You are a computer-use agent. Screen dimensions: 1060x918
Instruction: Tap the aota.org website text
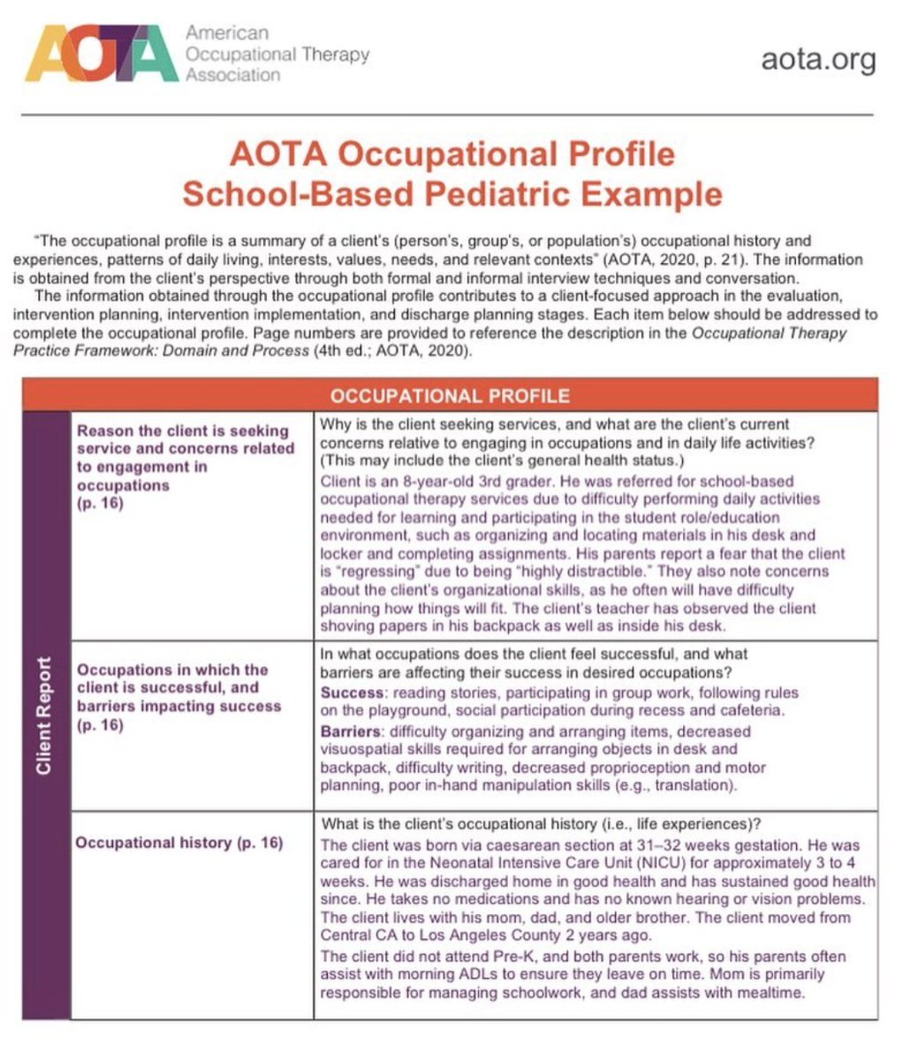click(818, 60)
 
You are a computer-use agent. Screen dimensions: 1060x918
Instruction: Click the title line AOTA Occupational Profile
click(451, 154)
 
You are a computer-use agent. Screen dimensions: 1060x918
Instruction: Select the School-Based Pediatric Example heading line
click(451, 193)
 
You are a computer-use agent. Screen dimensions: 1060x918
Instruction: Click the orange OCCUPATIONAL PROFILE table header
click(450, 395)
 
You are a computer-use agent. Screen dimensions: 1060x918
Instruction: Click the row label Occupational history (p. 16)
click(179, 843)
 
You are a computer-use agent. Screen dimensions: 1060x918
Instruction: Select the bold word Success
click(351, 693)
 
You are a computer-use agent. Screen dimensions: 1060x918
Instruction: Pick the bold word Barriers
click(352, 731)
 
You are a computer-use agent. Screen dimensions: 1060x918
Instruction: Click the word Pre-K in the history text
click(485, 957)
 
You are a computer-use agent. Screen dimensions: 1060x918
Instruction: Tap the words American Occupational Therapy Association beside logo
click(276, 55)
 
